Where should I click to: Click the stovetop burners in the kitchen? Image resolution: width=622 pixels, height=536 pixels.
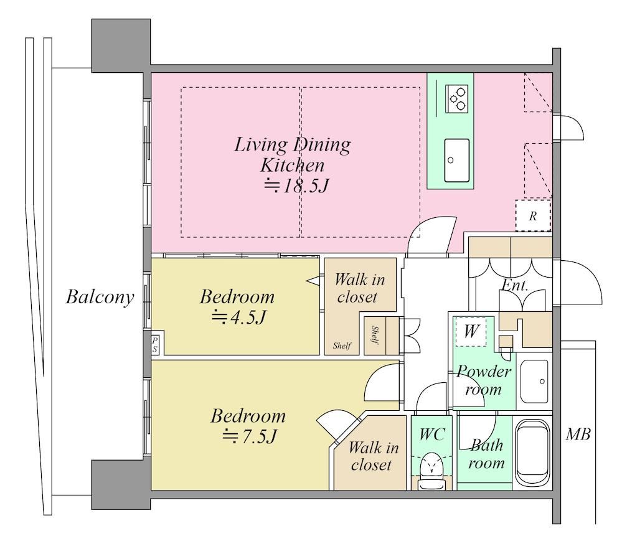(x=456, y=98)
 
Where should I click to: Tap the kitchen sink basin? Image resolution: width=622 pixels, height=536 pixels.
(x=456, y=160)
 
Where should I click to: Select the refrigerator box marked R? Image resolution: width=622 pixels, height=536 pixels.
(x=533, y=215)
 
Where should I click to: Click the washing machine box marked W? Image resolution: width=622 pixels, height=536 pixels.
(x=471, y=331)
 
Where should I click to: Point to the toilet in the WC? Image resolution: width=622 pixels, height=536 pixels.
(x=431, y=472)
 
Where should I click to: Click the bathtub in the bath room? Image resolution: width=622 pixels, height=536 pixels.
(x=532, y=453)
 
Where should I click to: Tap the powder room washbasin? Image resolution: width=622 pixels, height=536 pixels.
(x=534, y=382)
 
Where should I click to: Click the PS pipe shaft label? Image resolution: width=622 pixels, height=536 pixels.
(x=154, y=345)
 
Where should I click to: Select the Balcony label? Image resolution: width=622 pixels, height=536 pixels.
(x=100, y=297)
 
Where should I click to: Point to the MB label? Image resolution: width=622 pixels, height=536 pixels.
(x=578, y=435)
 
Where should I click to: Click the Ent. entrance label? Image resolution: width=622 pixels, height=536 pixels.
(x=515, y=285)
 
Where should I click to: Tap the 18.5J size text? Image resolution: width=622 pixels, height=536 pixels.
(x=297, y=186)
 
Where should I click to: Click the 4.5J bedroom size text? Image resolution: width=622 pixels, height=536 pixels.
(x=238, y=317)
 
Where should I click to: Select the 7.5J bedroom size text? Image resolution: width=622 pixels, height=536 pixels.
(x=249, y=436)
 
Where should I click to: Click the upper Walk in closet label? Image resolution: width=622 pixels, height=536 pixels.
(x=359, y=288)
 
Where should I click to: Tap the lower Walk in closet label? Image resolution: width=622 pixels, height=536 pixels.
(x=373, y=456)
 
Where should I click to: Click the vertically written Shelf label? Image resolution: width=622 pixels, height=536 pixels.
(x=375, y=336)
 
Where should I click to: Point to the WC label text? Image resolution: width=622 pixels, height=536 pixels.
(x=432, y=435)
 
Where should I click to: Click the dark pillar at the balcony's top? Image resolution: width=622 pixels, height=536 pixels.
(x=121, y=45)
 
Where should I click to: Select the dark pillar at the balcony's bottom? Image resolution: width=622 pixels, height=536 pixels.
(x=121, y=484)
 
